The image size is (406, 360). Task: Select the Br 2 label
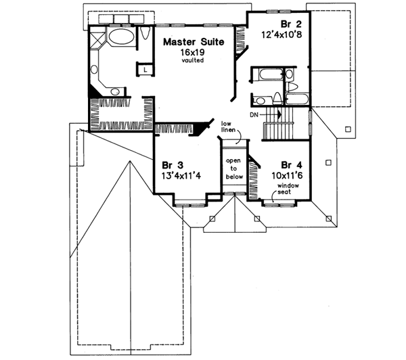pos(277,20)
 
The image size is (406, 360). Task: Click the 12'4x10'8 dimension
pos(277,31)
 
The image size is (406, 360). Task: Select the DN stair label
pos(253,116)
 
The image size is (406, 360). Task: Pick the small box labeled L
pos(145,68)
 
